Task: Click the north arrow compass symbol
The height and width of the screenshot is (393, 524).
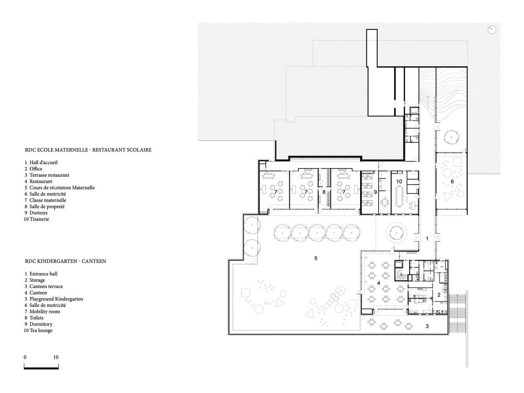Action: (x=492, y=29)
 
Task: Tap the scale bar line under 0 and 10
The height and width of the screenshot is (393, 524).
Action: (x=41, y=368)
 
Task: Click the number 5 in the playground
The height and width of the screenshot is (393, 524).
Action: (x=316, y=258)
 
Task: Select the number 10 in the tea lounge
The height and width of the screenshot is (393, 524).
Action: (x=399, y=182)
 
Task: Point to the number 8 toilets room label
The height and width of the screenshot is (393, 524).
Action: (x=324, y=192)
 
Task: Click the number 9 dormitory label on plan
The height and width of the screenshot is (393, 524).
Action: (x=375, y=192)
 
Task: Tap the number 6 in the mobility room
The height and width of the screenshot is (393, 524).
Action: (x=452, y=182)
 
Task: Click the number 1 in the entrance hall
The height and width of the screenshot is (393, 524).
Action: (x=427, y=239)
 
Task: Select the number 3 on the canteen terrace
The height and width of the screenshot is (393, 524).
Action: (x=427, y=326)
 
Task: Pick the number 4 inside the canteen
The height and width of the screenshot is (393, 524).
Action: (x=379, y=283)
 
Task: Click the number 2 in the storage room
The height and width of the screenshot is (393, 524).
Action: (x=439, y=295)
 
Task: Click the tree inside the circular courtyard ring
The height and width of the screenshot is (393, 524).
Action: (x=396, y=233)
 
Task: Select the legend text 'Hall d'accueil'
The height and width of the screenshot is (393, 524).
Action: (x=44, y=162)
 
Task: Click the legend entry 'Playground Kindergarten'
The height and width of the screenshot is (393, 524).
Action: (x=56, y=299)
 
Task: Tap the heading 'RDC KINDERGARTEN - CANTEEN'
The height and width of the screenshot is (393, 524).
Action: (x=65, y=261)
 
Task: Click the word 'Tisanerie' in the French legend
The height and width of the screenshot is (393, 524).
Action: (x=39, y=219)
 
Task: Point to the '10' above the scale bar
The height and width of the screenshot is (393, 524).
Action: (x=55, y=357)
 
